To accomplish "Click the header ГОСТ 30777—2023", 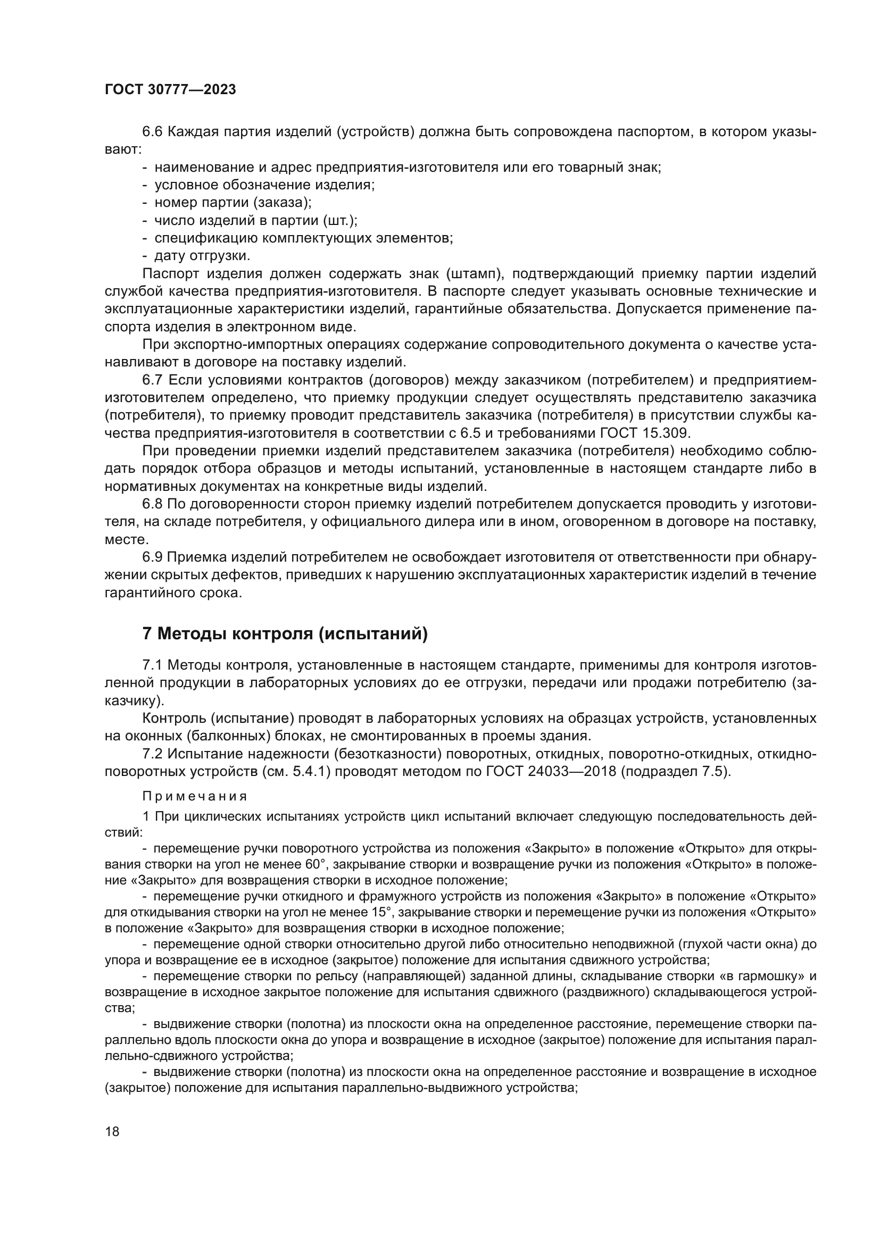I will click(x=170, y=90).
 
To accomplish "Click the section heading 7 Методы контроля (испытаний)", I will click(x=285, y=633).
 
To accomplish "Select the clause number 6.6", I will click(x=152, y=132).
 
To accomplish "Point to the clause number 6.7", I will click(x=152, y=380).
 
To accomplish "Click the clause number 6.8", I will click(x=152, y=504).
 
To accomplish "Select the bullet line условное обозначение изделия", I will click(x=264, y=185).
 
